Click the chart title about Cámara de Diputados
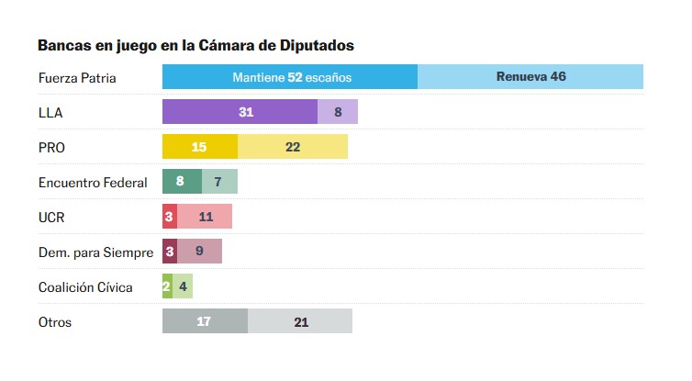click(x=195, y=45)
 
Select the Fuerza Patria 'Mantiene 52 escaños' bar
click(x=290, y=77)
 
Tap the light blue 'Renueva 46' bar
click(x=530, y=77)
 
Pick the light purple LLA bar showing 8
click(x=338, y=112)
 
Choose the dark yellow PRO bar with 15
click(x=200, y=147)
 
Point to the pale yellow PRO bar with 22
click(x=293, y=147)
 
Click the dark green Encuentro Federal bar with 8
click(x=182, y=182)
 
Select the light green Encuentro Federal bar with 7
click(x=219, y=182)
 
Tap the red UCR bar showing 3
click(x=169, y=217)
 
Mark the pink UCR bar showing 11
click(x=204, y=217)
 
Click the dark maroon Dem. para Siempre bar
click(x=169, y=252)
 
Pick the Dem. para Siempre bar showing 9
click(x=199, y=252)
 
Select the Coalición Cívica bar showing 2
click(x=167, y=286)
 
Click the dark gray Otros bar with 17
click(x=205, y=321)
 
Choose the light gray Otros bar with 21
click(x=300, y=321)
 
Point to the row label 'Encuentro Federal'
click(x=93, y=183)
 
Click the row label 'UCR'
click(x=51, y=218)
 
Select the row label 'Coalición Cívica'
click(x=85, y=287)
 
